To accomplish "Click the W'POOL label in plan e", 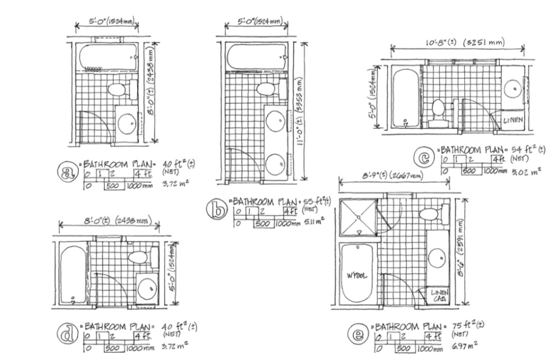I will [357, 275].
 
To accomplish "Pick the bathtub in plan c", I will [405, 97].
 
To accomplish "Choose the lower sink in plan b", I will [275, 164].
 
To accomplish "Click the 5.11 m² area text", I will [314, 222].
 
